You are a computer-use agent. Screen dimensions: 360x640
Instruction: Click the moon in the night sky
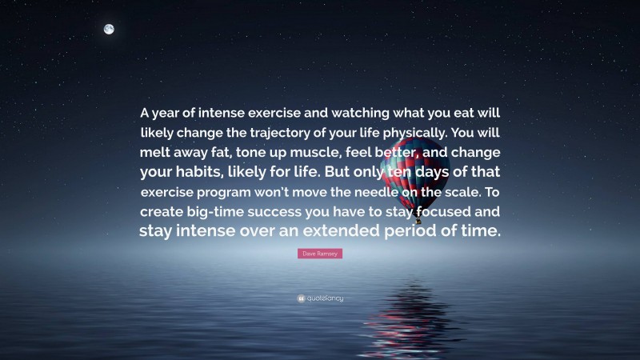[x=109, y=30]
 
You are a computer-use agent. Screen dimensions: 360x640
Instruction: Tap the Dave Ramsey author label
[x=319, y=254]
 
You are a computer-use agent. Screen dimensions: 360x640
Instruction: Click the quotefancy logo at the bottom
[x=320, y=298]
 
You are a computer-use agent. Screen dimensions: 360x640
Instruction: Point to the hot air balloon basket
[x=417, y=219]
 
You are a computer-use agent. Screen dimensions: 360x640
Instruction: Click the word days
[x=431, y=172]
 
